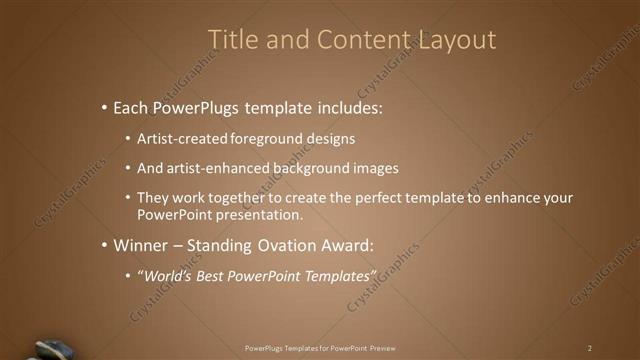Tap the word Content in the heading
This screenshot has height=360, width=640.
tap(358, 40)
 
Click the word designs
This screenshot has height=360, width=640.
tap(330, 138)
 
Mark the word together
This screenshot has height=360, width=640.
tap(245, 198)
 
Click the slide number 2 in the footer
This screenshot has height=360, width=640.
tap(589, 348)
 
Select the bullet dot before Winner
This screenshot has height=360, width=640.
tap(104, 245)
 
